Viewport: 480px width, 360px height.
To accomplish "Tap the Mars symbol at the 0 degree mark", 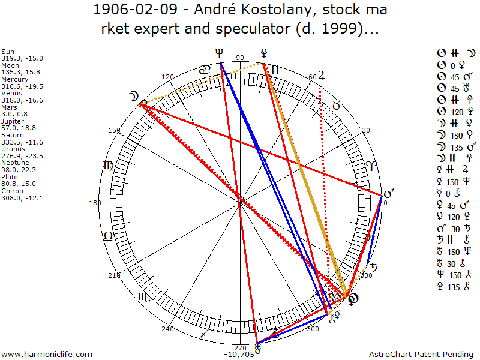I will tap(388, 194).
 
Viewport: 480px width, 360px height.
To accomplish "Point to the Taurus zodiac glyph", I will tap(337, 106).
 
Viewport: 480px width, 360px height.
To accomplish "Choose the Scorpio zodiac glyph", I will tap(142, 296).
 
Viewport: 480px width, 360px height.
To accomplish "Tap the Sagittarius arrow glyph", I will tap(205, 332).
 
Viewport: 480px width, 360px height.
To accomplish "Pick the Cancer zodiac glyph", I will tap(205, 70).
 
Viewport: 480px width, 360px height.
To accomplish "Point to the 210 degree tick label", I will tap(113, 275).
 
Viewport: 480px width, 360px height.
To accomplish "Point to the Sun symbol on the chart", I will tap(354, 299).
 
